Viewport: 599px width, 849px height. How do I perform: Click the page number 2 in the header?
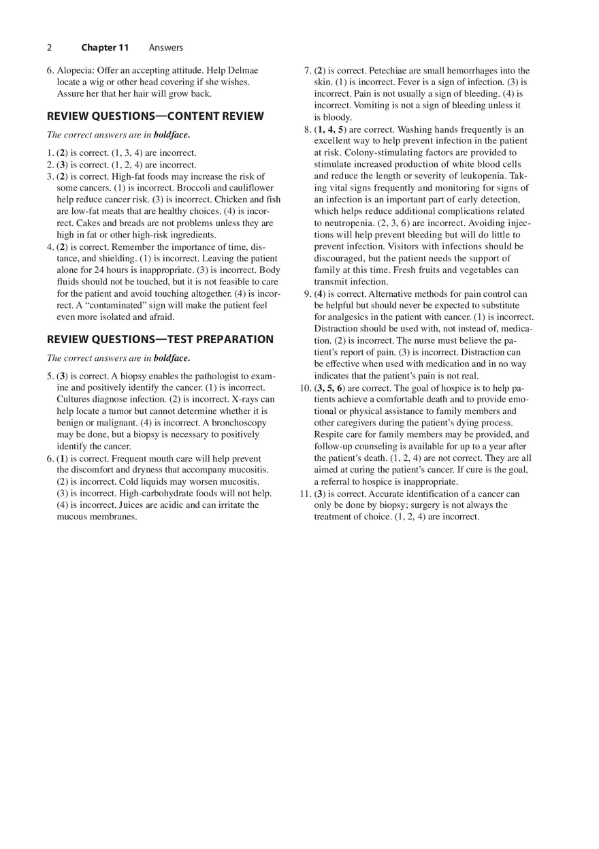(x=49, y=48)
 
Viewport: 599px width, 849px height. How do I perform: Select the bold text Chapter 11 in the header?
(x=105, y=48)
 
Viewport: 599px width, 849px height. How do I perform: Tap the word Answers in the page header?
(x=166, y=48)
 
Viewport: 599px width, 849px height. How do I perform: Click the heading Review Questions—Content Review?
(x=155, y=116)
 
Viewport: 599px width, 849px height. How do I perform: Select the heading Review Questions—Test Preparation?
(x=160, y=340)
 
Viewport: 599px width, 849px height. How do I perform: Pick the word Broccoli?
(x=198, y=188)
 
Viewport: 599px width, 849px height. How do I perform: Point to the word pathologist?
(x=203, y=377)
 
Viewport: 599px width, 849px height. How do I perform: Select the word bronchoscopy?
(x=237, y=423)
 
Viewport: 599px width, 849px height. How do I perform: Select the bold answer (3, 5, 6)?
(x=330, y=388)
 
